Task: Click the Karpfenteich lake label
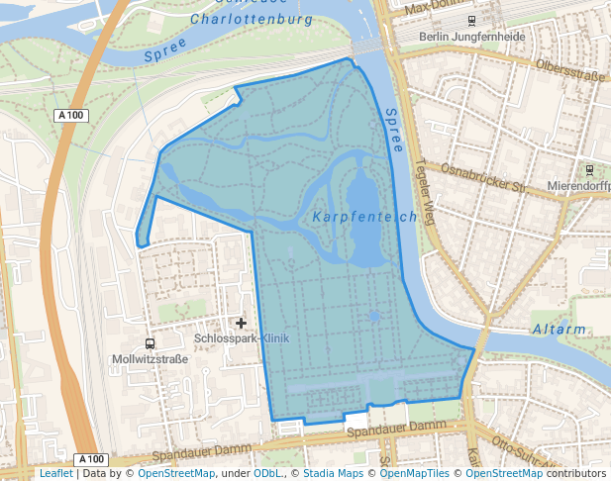click(x=362, y=217)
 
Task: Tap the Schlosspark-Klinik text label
click(x=242, y=338)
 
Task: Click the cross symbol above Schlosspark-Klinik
click(x=241, y=323)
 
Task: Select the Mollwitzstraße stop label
click(x=151, y=358)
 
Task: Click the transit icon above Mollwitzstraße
click(x=150, y=343)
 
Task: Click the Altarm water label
click(x=559, y=330)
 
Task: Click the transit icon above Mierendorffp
click(x=590, y=170)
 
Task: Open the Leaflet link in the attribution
click(x=55, y=474)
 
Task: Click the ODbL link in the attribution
click(x=267, y=474)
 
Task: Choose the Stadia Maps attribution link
click(x=330, y=474)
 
